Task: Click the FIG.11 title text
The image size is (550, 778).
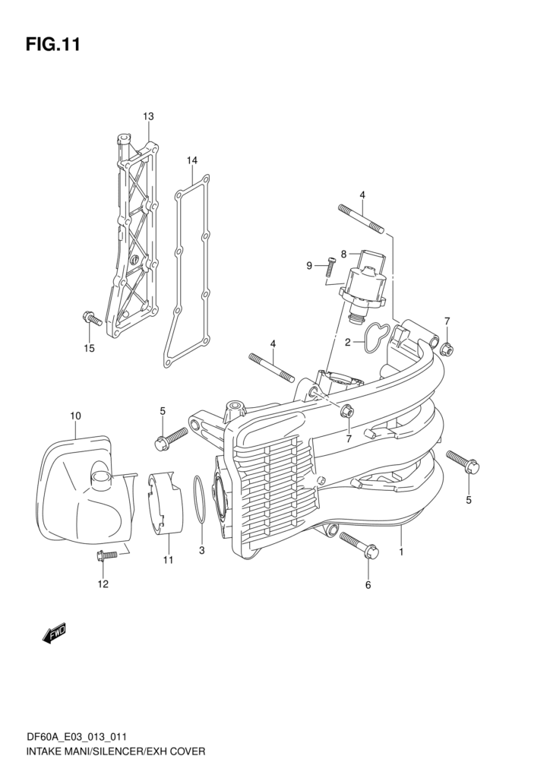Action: click(52, 44)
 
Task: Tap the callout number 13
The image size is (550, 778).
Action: click(148, 116)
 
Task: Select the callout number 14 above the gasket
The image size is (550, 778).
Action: click(191, 160)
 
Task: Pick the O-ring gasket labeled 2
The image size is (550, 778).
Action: click(377, 337)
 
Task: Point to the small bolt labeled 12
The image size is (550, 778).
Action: click(106, 557)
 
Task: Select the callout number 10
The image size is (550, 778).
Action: click(75, 416)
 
